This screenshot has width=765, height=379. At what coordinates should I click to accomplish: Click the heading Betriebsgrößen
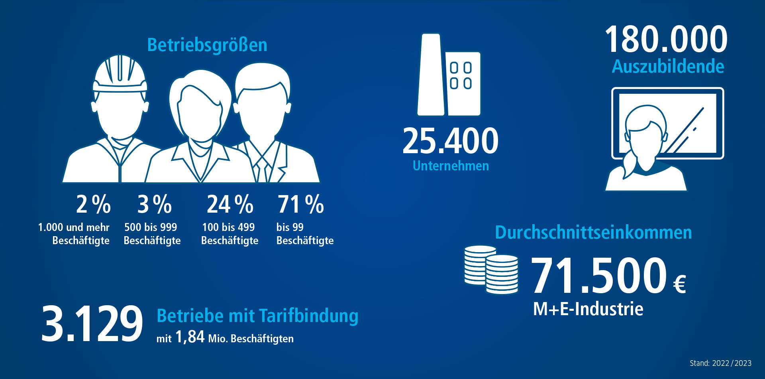pos(207,45)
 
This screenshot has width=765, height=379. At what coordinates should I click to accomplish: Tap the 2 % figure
pos(93,204)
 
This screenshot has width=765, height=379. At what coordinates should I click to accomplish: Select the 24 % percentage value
pos(230,204)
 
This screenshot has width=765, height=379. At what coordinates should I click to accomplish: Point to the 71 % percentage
pos(300,204)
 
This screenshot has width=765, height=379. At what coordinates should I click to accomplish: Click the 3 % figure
pos(155,204)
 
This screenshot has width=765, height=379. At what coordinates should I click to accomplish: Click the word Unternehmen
pos(451,166)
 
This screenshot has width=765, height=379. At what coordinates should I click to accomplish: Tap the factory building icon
pos(449,76)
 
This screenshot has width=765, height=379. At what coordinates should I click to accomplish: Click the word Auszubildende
pos(668,67)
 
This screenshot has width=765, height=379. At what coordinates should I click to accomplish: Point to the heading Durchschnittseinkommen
pos(593,233)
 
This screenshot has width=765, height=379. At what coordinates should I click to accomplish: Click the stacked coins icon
pos(491,270)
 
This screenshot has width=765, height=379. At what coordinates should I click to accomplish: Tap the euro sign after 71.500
pos(679,284)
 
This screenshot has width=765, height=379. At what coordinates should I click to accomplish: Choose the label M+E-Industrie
pos(588,309)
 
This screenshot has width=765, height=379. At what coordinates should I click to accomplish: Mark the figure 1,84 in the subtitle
pos(190,337)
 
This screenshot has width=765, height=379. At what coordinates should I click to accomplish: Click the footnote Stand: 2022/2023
pos(720,363)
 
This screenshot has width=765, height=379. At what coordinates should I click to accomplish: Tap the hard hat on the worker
pos(120,74)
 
